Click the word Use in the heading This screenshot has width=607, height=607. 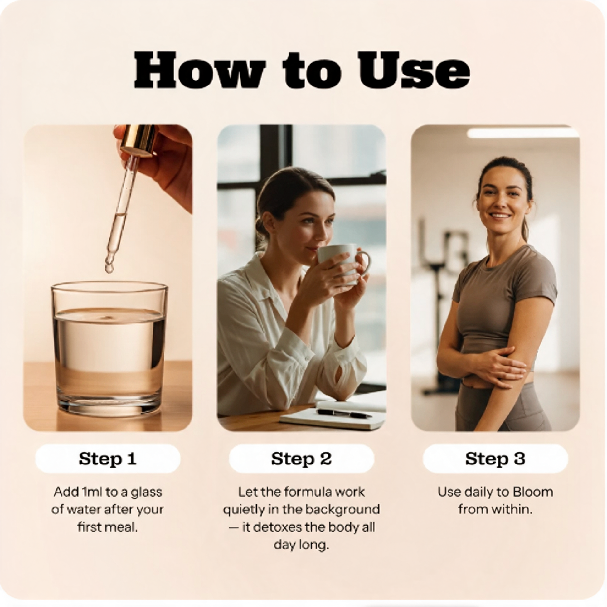(414, 70)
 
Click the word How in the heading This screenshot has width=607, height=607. (201, 70)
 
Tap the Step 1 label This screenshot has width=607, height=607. (108, 459)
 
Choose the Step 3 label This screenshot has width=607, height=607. (495, 459)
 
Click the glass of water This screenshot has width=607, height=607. (109, 349)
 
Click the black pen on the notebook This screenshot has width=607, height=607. (344, 414)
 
